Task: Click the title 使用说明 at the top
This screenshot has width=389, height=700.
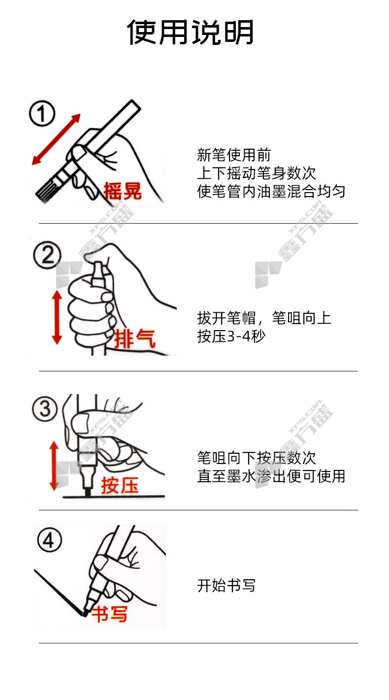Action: [x=190, y=32]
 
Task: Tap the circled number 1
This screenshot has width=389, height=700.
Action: [x=42, y=113]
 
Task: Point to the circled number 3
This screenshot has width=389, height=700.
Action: [x=45, y=409]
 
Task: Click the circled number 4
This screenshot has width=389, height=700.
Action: [x=50, y=540]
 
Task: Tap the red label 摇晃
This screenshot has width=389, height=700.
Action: [x=123, y=191]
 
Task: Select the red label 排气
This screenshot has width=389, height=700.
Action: [x=134, y=339]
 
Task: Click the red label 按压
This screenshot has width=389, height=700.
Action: [x=120, y=486]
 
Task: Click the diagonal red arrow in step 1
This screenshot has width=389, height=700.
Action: [x=56, y=139]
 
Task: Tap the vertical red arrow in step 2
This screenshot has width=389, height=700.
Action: [x=57, y=317]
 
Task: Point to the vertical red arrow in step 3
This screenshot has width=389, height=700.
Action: [x=54, y=466]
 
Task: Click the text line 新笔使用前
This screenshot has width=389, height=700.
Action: [x=233, y=155]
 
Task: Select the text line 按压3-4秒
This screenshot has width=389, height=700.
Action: [x=231, y=336]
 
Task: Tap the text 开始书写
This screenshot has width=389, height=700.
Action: [x=226, y=585]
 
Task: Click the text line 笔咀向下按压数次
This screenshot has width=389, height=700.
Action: [x=256, y=458]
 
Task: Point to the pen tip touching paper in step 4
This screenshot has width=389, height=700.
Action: [x=84, y=613]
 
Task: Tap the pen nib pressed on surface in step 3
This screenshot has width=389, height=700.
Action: [x=88, y=492]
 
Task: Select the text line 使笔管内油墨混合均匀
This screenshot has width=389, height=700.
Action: [x=271, y=191]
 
